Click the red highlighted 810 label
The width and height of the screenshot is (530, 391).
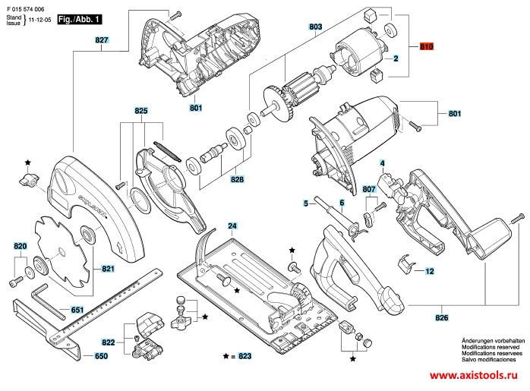pyautogui.click(x=426, y=47)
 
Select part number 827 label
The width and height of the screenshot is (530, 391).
pyautogui.click(x=103, y=39)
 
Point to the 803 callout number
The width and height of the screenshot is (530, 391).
pyautogui.click(x=316, y=27)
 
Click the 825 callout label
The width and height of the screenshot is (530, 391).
pyautogui.click(x=140, y=111)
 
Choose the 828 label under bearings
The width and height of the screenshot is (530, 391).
pyautogui.click(x=238, y=181)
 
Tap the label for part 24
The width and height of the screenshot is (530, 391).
pyautogui.click(x=232, y=225)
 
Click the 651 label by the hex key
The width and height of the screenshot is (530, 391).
pyautogui.click(x=77, y=310)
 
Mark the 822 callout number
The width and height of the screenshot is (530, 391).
pyautogui.click(x=109, y=343)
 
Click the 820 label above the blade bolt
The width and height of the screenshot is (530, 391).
pyautogui.click(x=20, y=246)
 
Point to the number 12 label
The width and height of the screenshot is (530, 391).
pyautogui.click(x=429, y=270)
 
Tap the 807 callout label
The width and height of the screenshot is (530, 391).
pyautogui.click(x=370, y=188)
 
